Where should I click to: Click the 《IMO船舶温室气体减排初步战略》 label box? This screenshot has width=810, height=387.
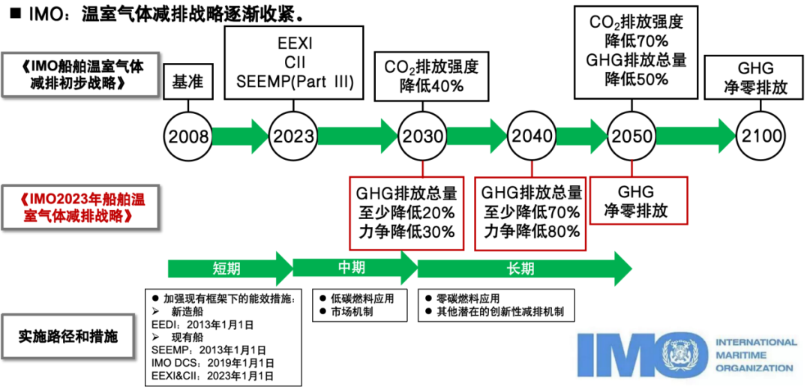(x=80, y=74)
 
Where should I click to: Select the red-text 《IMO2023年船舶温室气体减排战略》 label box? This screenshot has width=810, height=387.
(x=80, y=208)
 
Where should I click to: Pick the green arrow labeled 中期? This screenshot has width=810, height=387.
(x=351, y=267)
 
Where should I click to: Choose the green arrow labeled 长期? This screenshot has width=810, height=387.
(x=521, y=268)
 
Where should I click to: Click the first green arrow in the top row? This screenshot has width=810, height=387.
(x=239, y=136)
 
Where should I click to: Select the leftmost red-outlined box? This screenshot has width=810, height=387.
(x=406, y=213)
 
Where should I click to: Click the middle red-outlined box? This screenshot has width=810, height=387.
(x=530, y=214)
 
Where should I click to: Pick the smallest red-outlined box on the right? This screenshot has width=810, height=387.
(x=638, y=200)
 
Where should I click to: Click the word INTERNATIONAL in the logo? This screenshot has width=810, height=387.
(x=756, y=342)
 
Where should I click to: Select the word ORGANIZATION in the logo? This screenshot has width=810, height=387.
(x=754, y=367)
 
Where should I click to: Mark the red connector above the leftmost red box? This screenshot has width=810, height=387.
(x=423, y=169)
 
